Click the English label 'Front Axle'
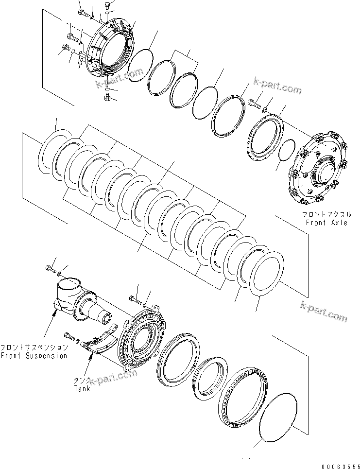click(326, 223)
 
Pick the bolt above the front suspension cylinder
click(51, 268)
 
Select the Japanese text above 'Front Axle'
click(326, 214)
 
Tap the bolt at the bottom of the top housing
click(107, 99)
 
